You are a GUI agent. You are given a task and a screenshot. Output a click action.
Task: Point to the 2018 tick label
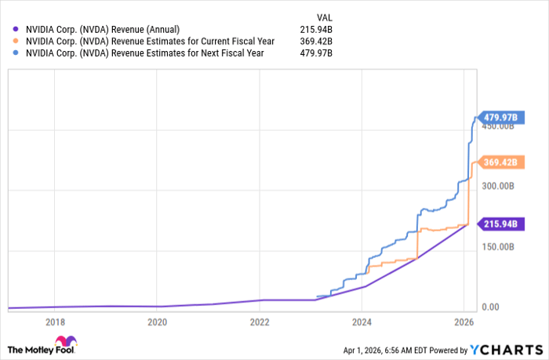[x=55, y=322]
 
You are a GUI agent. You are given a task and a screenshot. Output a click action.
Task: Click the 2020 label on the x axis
[x=157, y=322]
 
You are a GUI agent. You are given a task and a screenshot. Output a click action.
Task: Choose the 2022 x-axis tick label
[x=260, y=322]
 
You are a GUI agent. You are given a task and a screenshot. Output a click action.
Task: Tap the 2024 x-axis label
[x=362, y=322]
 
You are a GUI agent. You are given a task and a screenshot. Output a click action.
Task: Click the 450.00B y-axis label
[x=499, y=125]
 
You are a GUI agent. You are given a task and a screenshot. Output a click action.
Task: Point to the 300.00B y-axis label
[x=499, y=186]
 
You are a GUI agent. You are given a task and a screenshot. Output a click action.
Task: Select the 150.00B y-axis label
[x=499, y=246]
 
